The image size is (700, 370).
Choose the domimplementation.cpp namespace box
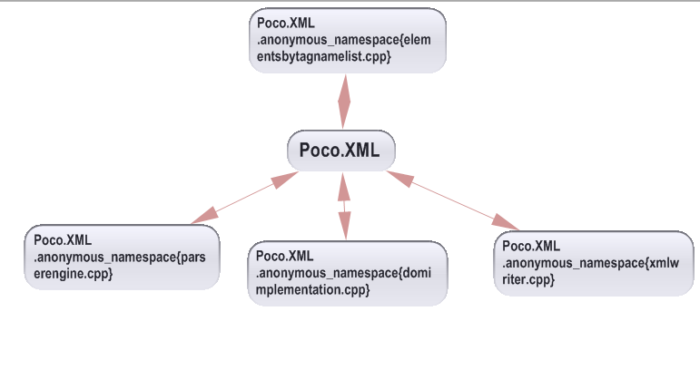[x=347, y=272]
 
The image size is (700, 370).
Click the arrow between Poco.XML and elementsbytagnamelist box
[x=344, y=102]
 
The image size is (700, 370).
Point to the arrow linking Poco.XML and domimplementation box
[x=344, y=206]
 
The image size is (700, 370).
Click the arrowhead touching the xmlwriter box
[x=508, y=222]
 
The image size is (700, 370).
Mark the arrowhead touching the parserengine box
[x=204, y=215]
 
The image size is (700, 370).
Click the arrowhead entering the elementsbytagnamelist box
[x=344, y=86]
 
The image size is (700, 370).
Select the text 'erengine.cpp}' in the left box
[x=74, y=273]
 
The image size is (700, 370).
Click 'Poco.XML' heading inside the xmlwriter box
[x=531, y=246]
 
